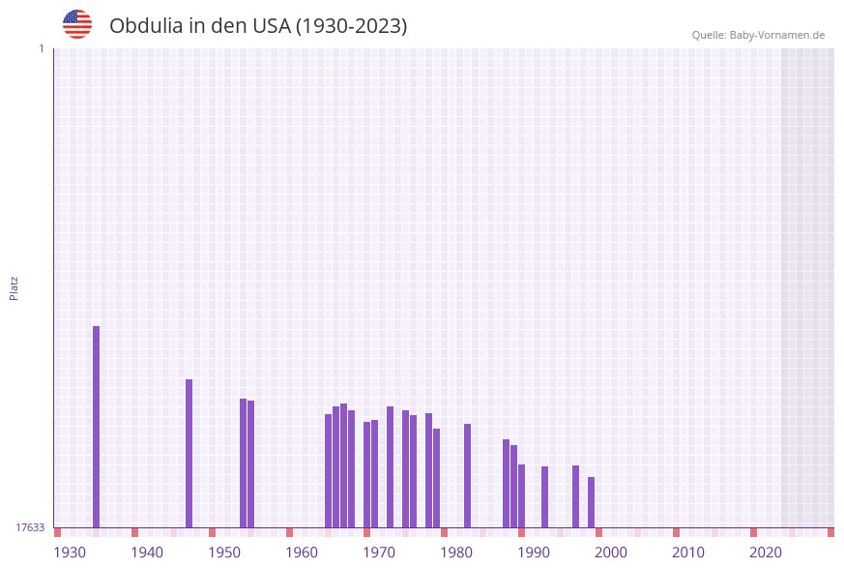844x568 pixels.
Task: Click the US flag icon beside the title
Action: (77, 24)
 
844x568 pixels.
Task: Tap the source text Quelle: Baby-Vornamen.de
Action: (758, 35)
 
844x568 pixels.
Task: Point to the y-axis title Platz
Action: (15, 287)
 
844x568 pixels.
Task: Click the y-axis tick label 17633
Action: (30, 527)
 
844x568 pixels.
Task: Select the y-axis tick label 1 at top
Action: (41, 48)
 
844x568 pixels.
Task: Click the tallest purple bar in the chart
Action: (96, 426)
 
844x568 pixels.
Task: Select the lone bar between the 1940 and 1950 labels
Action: (189, 453)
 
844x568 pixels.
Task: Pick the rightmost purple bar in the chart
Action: (591, 502)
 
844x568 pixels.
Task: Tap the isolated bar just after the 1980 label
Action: (467, 475)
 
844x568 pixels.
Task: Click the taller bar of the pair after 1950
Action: (243, 463)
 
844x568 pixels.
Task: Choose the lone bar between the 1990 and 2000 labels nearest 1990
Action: (544, 496)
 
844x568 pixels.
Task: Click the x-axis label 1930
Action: (70, 553)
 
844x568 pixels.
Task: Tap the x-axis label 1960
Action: (302, 553)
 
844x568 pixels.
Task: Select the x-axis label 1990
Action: (534, 553)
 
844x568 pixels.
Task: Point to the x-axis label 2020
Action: (766, 553)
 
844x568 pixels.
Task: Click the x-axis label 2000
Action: (611, 553)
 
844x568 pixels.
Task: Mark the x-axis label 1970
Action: (379, 553)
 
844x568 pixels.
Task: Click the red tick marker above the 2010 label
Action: (676, 532)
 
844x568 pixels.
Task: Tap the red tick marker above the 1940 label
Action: (134, 532)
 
